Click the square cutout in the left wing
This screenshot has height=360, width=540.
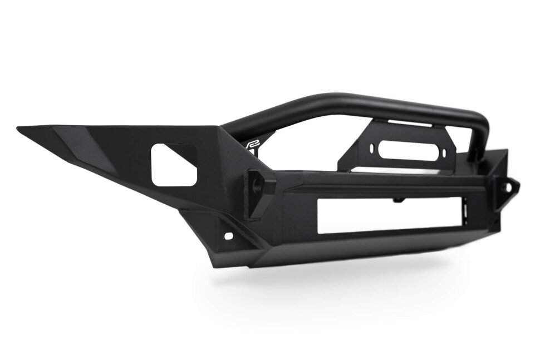coord(173,165)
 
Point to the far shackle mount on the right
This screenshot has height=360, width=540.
coord(509,190)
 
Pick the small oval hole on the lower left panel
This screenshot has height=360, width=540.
coord(228,236)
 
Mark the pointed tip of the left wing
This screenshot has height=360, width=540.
coord(19,129)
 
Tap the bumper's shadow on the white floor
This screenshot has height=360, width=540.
coord(334,278)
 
